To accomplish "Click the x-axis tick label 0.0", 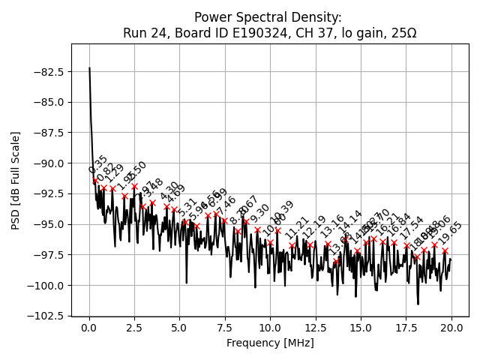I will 89,328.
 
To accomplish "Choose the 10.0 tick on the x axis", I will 270,328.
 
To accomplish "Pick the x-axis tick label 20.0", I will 451,328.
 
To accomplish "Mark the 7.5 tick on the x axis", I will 225,328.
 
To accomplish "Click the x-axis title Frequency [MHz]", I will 270,343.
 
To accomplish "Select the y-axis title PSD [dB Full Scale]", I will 16,180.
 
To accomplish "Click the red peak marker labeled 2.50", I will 135,186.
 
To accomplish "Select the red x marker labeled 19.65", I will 445,251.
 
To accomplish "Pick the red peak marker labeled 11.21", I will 292,245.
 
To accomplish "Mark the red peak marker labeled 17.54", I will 406,245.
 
